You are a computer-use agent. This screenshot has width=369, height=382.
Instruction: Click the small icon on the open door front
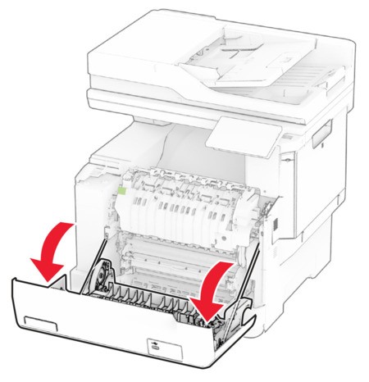coord(154,348)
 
